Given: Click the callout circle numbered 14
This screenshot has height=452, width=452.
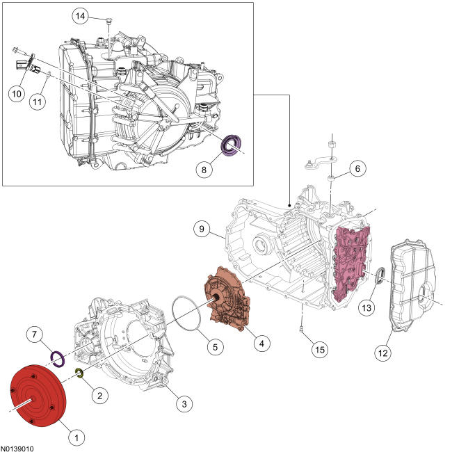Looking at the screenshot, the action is point(81,17).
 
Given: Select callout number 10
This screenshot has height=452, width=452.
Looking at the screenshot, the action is point(17,93).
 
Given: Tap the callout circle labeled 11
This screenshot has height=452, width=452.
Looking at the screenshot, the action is point(38,102).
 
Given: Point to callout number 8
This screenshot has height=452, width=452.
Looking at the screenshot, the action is point(204,170).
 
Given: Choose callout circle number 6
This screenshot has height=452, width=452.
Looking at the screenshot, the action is point(357,168).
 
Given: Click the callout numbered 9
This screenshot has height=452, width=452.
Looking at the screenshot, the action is point(202,229).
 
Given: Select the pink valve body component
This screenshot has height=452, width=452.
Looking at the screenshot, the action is point(350,264).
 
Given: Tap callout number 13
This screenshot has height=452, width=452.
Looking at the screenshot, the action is point(366,308).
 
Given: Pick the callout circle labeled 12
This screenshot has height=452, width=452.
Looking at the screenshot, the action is point(383,353).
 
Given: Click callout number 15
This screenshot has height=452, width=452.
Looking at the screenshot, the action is point(320,350).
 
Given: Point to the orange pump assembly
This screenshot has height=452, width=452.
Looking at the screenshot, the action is point(227,300).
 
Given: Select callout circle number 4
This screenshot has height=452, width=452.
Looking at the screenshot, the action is point(261,344).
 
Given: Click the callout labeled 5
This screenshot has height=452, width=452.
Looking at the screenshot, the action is point(216,347).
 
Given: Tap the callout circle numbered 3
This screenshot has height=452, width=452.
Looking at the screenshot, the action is point(184,404).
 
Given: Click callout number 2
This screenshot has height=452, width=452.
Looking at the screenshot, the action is point(99,395).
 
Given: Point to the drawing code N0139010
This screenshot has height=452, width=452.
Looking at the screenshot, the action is point(17,449).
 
